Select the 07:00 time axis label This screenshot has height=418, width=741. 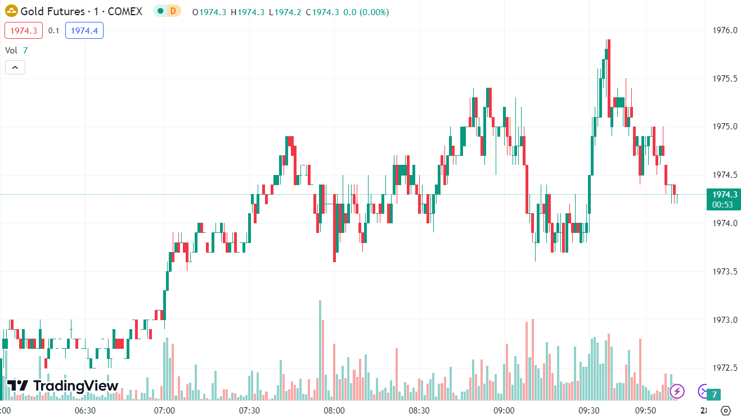point(165,410)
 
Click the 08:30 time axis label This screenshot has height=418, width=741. point(419,410)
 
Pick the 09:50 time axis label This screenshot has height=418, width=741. point(645,410)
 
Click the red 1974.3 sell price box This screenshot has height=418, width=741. point(24,30)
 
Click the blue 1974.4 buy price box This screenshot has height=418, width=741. point(84,30)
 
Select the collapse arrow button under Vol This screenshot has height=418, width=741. point(15,68)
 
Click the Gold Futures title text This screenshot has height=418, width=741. point(52,12)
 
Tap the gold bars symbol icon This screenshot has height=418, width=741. point(11,12)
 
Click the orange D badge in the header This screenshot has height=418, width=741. point(173,11)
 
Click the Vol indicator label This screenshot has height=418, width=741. point(11,50)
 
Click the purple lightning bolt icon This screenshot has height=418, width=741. point(677,391)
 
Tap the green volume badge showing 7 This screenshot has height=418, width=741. point(714,394)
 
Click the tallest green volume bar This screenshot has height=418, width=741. point(320,349)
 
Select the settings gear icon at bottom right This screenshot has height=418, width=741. point(725,410)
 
